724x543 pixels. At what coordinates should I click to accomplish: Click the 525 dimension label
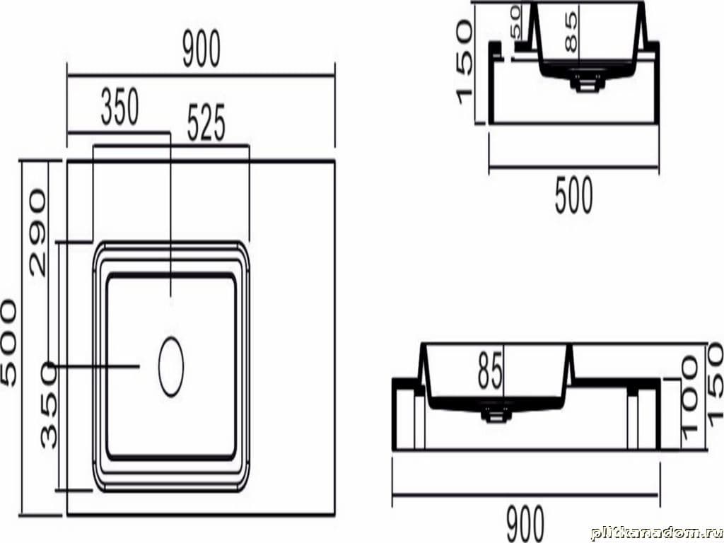206,122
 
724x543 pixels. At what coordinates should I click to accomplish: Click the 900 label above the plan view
202,49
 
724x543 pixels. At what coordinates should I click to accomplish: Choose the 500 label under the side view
573,196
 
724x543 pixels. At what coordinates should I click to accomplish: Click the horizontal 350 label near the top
119,107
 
